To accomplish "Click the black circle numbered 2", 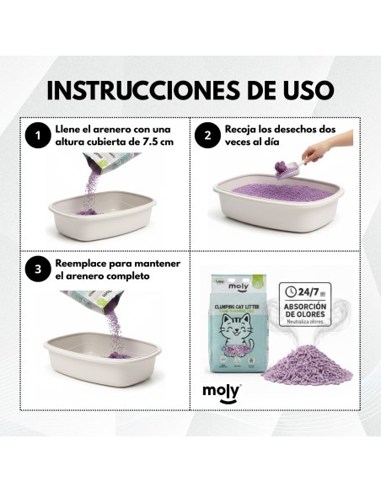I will (207, 136).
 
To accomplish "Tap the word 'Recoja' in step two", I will (244, 130).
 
